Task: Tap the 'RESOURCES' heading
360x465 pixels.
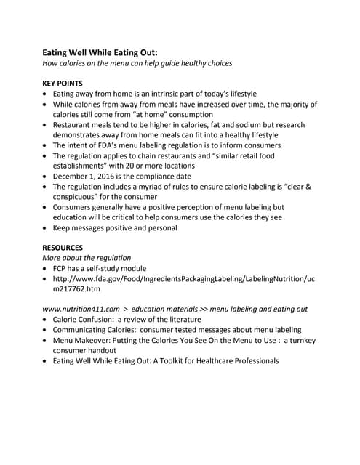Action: point(63,247)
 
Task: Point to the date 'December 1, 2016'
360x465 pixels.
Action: point(89,176)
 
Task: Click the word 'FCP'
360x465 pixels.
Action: point(62,268)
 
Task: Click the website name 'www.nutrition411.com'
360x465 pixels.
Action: point(81,309)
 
